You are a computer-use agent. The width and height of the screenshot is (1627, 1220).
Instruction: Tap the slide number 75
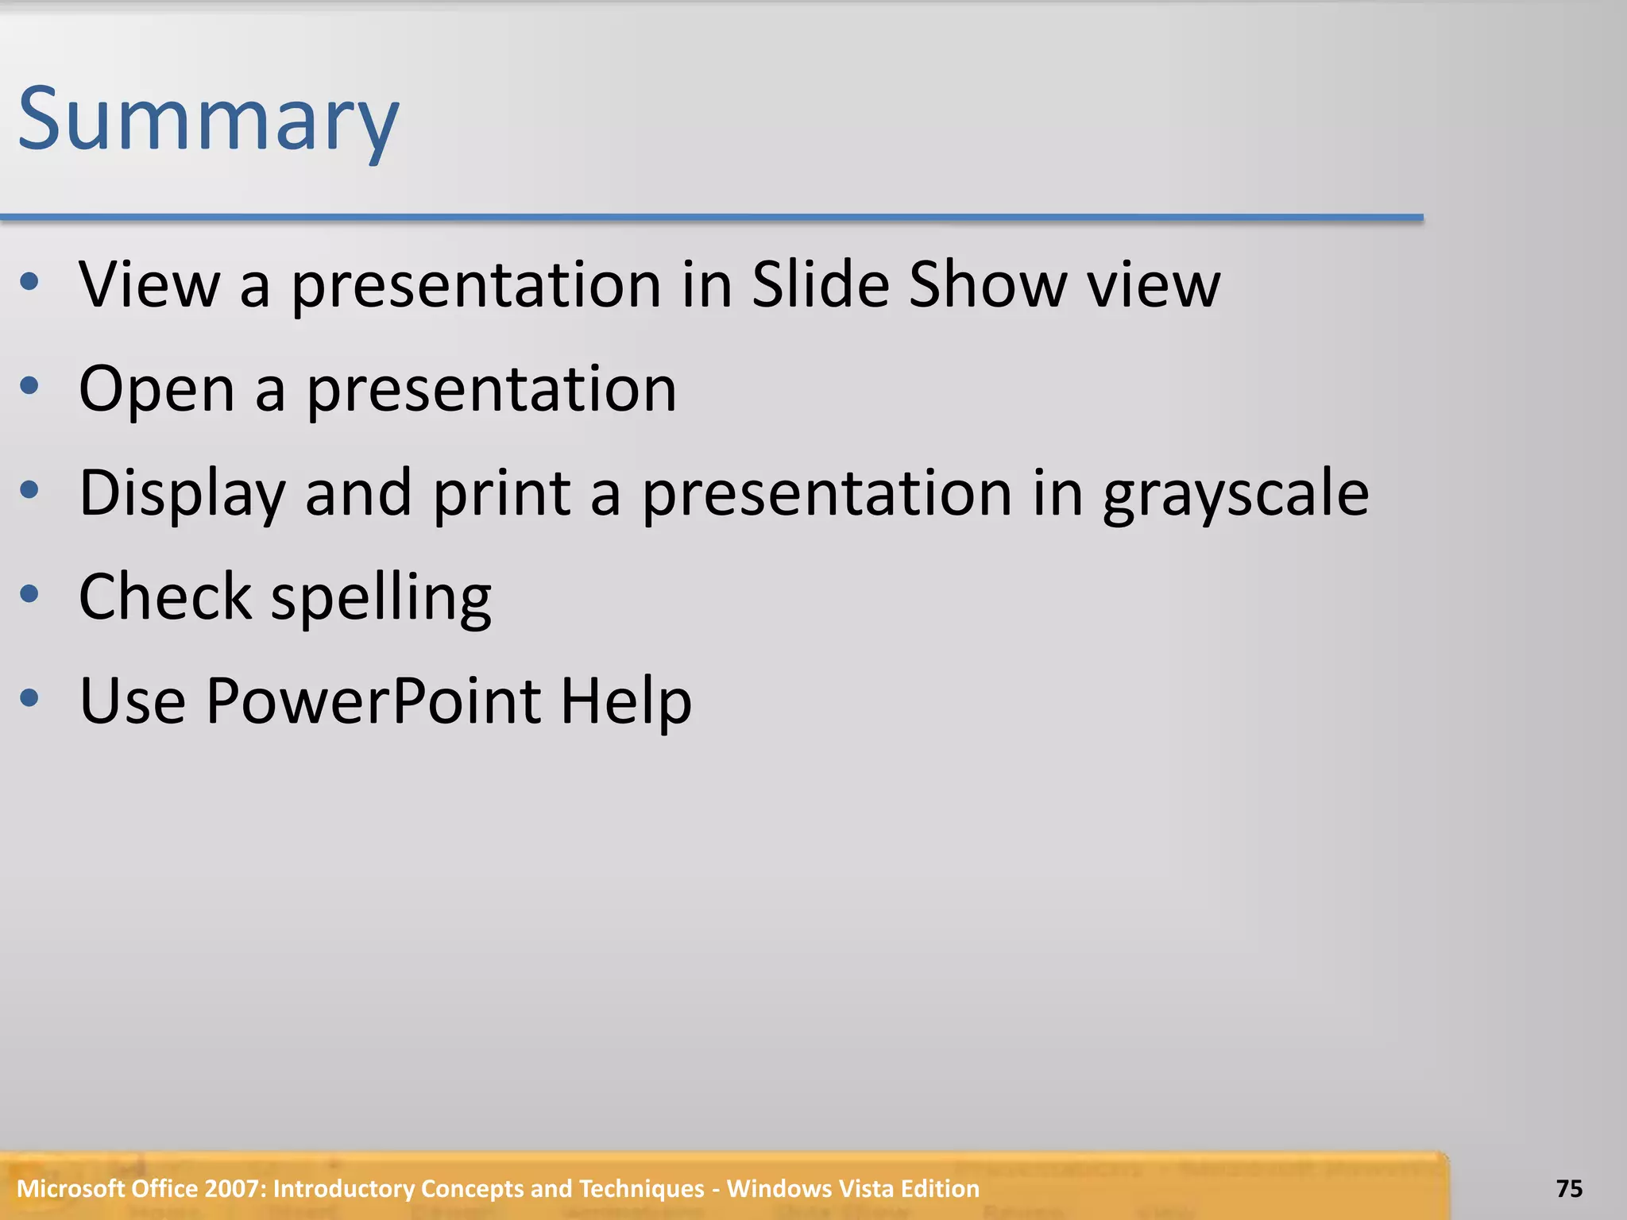(x=1569, y=1188)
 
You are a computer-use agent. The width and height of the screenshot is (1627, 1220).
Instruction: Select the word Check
(x=165, y=596)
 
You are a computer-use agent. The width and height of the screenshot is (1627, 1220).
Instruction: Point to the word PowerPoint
(x=373, y=701)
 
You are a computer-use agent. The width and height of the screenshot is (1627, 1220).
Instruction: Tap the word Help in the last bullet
(x=626, y=701)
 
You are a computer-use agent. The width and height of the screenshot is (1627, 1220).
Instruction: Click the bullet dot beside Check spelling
(x=29, y=593)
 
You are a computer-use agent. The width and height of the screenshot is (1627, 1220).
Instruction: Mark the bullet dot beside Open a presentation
(x=29, y=386)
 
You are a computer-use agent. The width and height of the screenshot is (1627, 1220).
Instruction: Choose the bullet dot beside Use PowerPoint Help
(x=29, y=697)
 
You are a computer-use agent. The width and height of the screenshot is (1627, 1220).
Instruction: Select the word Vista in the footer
(x=871, y=1188)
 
